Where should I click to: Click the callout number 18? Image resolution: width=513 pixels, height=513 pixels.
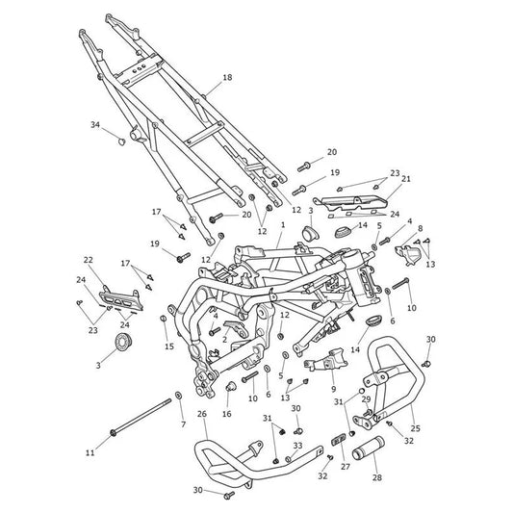[x=227, y=78]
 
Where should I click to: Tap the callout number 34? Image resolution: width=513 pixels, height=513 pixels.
[x=95, y=125]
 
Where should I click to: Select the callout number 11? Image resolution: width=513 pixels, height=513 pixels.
[x=90, y=452]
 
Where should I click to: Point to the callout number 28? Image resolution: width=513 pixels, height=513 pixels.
[x=377, y=477]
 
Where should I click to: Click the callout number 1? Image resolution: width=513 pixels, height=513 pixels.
[x=283, y=225]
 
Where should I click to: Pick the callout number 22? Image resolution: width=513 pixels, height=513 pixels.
[x=88, y=260]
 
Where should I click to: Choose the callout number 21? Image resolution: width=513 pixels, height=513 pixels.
[x=406, y=179]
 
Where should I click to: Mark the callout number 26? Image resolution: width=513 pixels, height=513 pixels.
[x=202, y=414]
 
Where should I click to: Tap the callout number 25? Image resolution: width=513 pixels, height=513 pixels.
[x=416, y=428]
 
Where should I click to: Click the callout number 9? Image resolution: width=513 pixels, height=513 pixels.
[x=333, y=389]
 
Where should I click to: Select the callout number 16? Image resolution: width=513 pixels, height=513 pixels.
[x=227, y=414]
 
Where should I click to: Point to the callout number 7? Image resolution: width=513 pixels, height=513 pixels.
[x=183, y=424]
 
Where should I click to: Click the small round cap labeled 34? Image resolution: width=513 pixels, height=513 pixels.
[x=121, y=141]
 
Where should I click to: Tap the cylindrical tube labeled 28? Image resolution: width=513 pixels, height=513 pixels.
[x=368, y=448]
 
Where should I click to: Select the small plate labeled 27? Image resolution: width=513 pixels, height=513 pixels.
[x=339, y=439]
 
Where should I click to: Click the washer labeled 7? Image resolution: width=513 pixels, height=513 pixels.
[x=179, y=396]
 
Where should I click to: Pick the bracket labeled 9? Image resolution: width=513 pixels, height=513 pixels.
[x=325, y=360]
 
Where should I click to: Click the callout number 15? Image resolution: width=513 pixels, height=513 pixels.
[x=169, y=346]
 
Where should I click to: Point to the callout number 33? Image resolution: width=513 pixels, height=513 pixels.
[x=297, y=446]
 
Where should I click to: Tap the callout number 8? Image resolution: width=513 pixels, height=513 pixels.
[x=420, y=228]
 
